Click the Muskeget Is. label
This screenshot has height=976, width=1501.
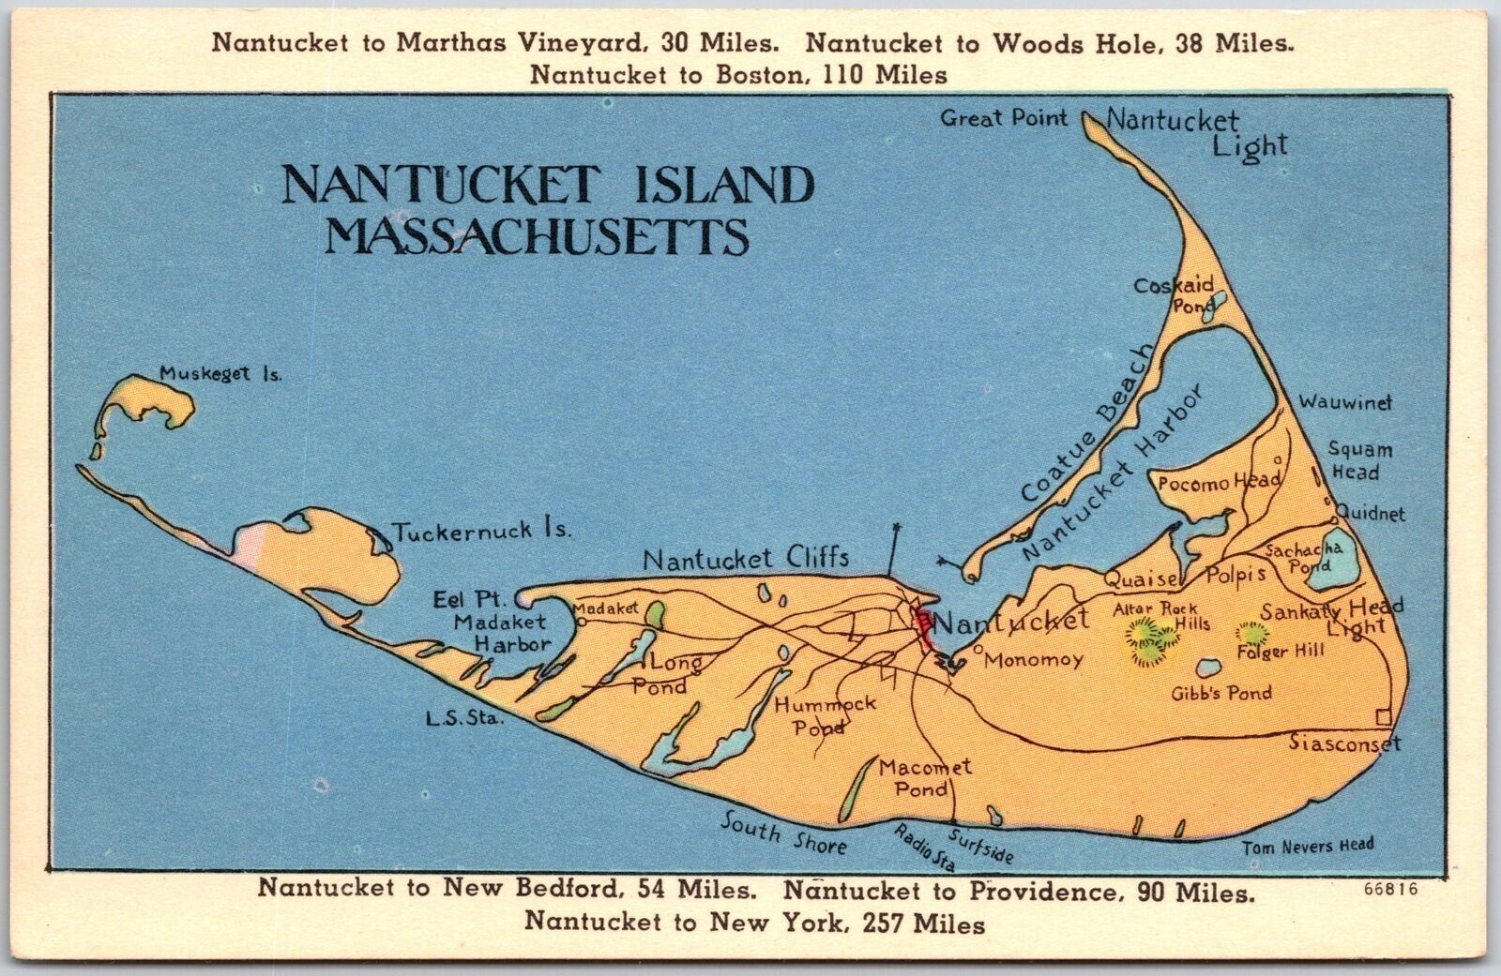click(x=220, y=373)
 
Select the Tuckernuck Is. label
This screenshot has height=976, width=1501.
click(x=481, y=531)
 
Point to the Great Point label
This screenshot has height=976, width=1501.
click(x=1004, y=118)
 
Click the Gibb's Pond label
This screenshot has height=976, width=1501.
click(x=1221, y=694)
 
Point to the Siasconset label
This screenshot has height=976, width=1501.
click(x=1343, y=743)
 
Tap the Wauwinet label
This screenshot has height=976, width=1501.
click(x=1345, y=402)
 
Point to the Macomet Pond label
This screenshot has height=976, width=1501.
click(x=925, y=778)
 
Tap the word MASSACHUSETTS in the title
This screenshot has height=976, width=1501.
click(x=536, y=238)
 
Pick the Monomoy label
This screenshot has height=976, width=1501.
click(x=1035, y=659)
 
